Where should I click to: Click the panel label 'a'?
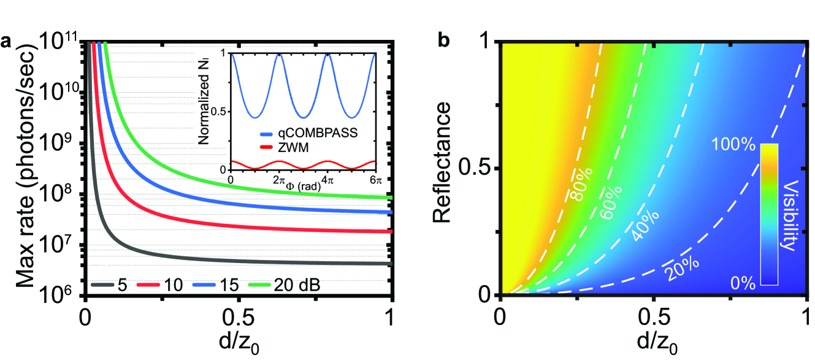(x=7, y=43)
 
